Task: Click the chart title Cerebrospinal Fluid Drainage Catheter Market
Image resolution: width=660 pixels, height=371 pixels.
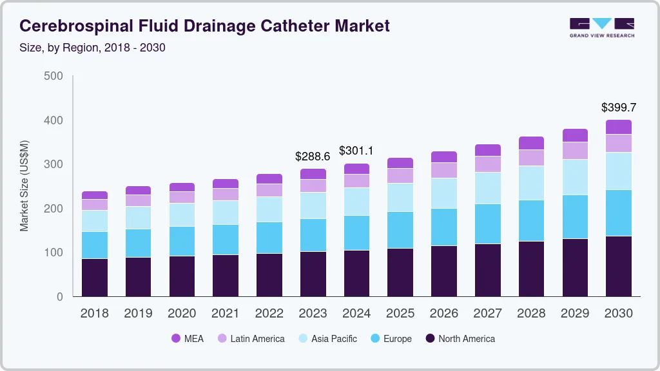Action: (204, 26)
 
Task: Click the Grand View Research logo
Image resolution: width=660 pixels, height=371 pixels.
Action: (601, 27)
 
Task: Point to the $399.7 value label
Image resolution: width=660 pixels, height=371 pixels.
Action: (619, 107)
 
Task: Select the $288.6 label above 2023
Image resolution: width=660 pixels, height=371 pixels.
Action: (313, 157)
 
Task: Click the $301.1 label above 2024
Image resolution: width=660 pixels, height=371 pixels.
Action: (356, 151)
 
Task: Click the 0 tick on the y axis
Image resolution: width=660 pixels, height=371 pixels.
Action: (59, 297)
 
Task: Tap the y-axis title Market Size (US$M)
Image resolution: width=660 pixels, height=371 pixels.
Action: (24, 185)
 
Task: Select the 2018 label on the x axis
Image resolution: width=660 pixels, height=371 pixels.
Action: (95, 314)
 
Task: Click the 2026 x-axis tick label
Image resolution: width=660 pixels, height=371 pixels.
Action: (444, 314)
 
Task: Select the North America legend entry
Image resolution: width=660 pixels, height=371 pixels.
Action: (460, 338)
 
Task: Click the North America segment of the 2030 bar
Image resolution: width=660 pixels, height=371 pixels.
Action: (619, 266)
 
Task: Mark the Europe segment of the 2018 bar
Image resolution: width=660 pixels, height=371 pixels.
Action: (95, 245)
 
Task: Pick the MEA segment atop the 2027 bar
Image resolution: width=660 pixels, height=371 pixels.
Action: (488, 150)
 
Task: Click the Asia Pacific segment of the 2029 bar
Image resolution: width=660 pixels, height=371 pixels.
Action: (575, 177)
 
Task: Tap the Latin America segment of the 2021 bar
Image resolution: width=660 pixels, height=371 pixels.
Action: (226, 194)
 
